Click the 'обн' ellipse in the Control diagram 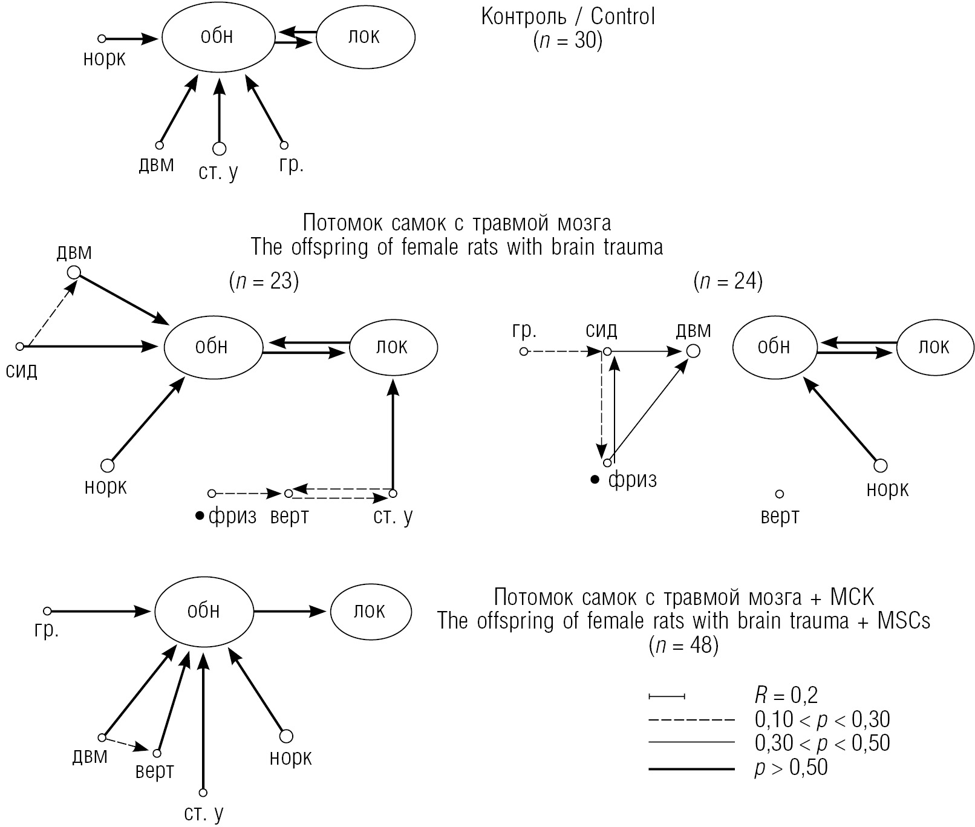pos(217,38)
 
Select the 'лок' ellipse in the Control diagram pos(365,37)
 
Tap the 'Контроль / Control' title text pos(568,16)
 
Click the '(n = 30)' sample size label pos(568,41)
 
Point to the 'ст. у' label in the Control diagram pos(218,172)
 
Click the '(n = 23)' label pos(264,281)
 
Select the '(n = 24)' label pos(728,281)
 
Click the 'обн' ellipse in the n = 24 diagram pos(774,347)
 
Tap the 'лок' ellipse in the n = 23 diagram pos(393,347)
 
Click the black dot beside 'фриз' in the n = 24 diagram pos(595,480)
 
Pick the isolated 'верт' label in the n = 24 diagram pos(780,516)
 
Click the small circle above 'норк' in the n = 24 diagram pos(881,465)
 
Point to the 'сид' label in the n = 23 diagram pos(22,370)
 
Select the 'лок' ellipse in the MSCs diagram pos(370,611)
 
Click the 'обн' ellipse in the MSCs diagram pos(203,611)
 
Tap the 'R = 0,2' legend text pos(786,695)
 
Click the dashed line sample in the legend pos(691,721)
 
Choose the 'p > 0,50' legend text pos(791,768)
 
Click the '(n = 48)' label pos(683,646)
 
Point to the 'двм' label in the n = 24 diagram pos(693,330)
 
